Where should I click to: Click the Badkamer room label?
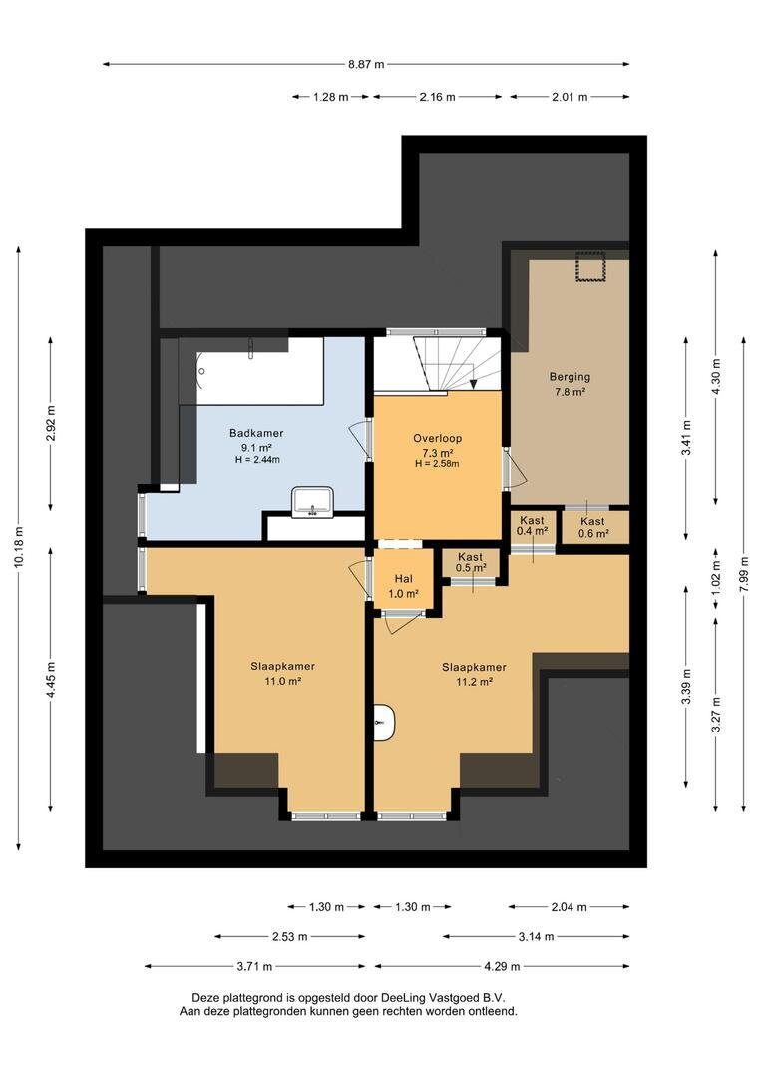click(x=256, y=433)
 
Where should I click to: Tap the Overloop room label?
click(x=438, y=438)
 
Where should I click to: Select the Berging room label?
click(x=570, y=377)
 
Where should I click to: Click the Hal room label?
click(x=403, y=578)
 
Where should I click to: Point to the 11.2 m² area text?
click(x=474, y=683)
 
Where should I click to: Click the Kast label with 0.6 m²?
click(x=592, y=521)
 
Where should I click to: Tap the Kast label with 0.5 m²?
click(x=470, y=557)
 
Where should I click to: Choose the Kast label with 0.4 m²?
click(x=532, y=521)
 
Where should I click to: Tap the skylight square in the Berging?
click(x=588, y=268)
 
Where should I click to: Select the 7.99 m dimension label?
click(x=743, y=574)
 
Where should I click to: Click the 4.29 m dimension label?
click(x=501, y=966)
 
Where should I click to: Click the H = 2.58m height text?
click(x=438, y=463)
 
